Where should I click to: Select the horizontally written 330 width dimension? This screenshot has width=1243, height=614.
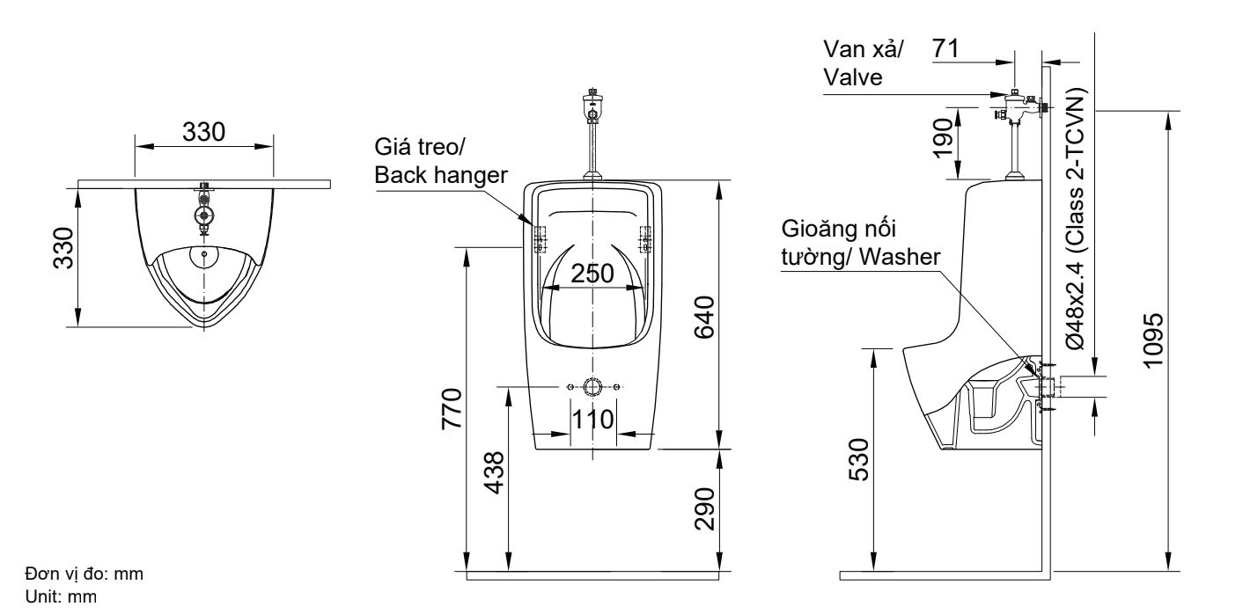point(203,131)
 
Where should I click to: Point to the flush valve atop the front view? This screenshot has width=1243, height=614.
point(592,108)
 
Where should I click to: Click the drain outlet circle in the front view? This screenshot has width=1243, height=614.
point(592,387)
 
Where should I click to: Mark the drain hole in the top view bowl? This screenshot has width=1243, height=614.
point(204,255)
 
